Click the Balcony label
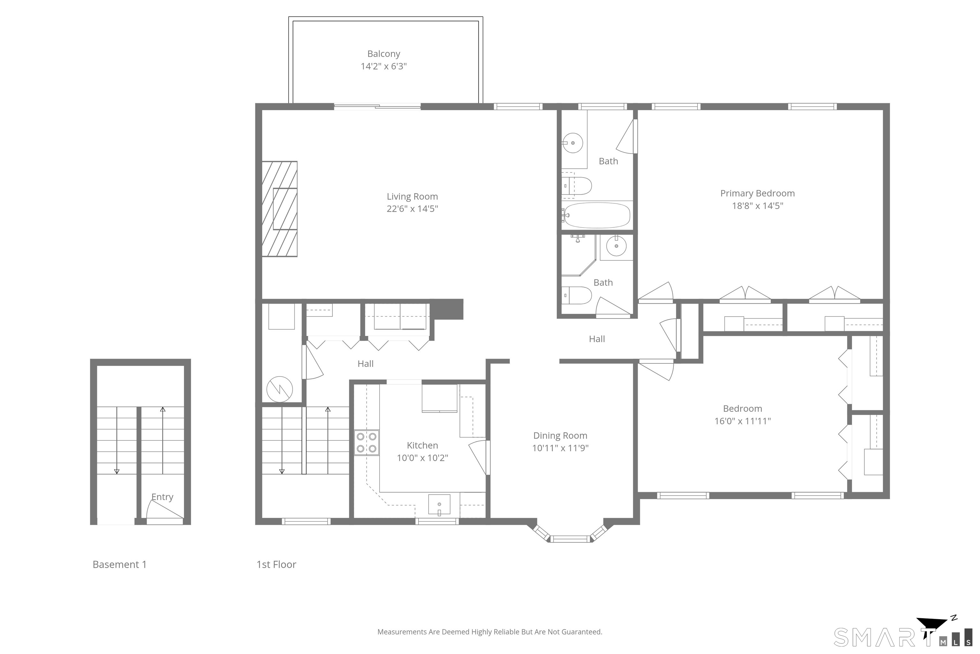click(383, 54)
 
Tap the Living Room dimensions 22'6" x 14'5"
click(412, 209)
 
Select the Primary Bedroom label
click(758, 194)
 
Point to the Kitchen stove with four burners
click(367, 443)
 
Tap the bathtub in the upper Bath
click(597, 215)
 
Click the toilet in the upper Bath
click(577, 186)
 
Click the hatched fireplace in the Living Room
click(279, 209)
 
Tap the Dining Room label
click(560, 436)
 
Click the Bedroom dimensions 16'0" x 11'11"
click(743, 421)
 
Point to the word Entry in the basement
click(162, 497)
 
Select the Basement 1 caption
click(120, 565)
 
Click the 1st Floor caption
click(276, 565)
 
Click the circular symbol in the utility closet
click(279, 389)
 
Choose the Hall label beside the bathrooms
click(597, 339)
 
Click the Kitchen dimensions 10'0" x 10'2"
click(422, 458)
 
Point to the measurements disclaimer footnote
click(490, 632)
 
